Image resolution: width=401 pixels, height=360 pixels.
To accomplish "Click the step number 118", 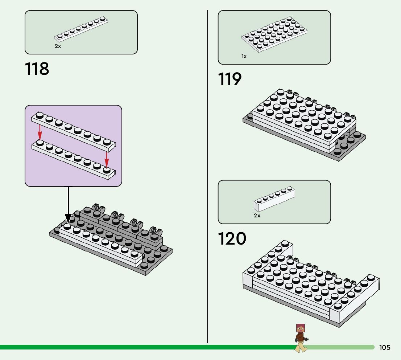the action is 37,69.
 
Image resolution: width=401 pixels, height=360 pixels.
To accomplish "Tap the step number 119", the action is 230,79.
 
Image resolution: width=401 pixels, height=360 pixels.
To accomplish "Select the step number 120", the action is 232,239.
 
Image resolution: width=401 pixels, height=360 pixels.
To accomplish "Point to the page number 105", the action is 385,348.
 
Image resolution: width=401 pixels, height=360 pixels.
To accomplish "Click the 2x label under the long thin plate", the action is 58,46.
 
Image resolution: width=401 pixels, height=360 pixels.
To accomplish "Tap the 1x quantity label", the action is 244,56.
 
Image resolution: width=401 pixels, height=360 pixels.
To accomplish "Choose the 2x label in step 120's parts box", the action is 257,216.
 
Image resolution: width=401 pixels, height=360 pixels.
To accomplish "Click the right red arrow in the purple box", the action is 107,158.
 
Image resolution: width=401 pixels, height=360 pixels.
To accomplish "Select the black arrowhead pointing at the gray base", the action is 68,219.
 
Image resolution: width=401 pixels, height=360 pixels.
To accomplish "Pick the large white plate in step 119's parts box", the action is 274,34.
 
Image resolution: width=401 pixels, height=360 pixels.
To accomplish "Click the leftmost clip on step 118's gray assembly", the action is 97,208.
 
